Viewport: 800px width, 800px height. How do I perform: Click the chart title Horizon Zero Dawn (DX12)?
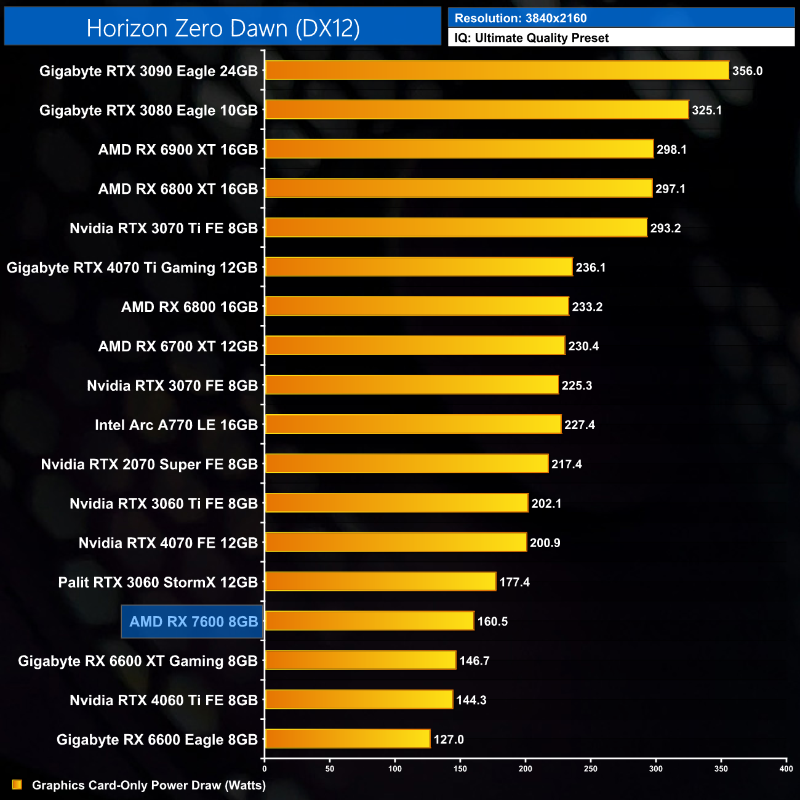pos(223,28)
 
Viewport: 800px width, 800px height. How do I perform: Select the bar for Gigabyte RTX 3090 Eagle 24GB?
pos(497,70)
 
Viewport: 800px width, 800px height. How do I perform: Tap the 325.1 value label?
pos(706,110)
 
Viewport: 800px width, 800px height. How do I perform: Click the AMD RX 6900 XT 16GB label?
pos(178,150)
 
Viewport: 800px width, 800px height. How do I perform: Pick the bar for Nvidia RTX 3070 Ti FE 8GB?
pos(456,228)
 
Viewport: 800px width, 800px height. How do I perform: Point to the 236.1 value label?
pos(591,268)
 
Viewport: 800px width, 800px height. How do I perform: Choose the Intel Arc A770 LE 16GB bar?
pos(413,424)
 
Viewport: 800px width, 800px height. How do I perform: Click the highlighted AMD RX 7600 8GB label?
pos(193,622)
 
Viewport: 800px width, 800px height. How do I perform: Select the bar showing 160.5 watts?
pos(369,621)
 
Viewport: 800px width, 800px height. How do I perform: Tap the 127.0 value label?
pos(449,740)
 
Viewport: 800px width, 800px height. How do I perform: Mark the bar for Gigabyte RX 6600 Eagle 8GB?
pos(348,738)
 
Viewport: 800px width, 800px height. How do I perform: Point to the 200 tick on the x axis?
pos(526,768)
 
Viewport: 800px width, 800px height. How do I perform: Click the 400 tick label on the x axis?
pos(786,768)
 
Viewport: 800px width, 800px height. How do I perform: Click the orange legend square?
pos(17,785)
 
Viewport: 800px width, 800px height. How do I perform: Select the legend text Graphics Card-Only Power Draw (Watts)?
pos(149,785)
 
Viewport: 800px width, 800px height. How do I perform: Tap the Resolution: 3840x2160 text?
pos(521,18)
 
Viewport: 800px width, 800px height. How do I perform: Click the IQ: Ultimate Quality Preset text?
pos(532,38)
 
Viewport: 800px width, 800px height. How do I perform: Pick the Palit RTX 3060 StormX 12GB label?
pos(158,582)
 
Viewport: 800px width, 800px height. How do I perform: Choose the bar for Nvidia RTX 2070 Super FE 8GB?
pos(406,463)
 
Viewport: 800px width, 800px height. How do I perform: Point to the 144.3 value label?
pos(471,700)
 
